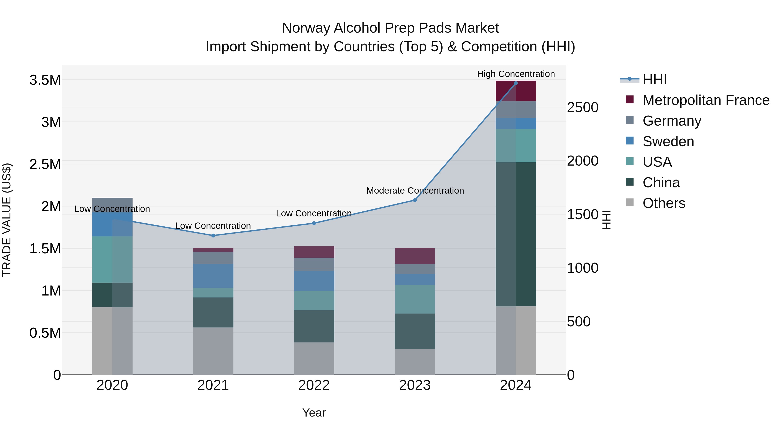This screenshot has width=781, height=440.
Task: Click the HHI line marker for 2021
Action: (x=213, y=236)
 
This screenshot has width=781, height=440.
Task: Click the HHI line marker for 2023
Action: (x=415, y=200)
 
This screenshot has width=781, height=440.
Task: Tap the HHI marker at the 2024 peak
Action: (x=516, y=83)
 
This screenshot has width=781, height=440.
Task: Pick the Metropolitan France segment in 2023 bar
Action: (x=415, y=256)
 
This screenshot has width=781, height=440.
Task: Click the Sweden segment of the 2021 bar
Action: (x=213, y=276)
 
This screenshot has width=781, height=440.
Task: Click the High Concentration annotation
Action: (x=516, y=74)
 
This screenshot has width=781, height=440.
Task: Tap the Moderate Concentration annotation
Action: (x=415, y=191)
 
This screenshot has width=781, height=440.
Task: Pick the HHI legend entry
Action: (x=654, y=80)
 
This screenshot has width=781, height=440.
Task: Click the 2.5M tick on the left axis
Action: (x=45, y=164)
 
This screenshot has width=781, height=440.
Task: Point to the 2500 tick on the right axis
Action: (x=582, y=108)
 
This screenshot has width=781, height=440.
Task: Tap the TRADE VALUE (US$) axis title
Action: (x=7, y=220)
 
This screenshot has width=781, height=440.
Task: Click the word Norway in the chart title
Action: (x=306, y=28)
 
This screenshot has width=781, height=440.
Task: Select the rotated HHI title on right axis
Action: (x=606, y=220)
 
